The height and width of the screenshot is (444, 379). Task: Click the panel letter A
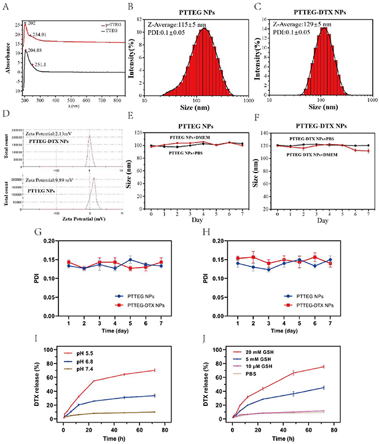[x=6, y=7]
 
